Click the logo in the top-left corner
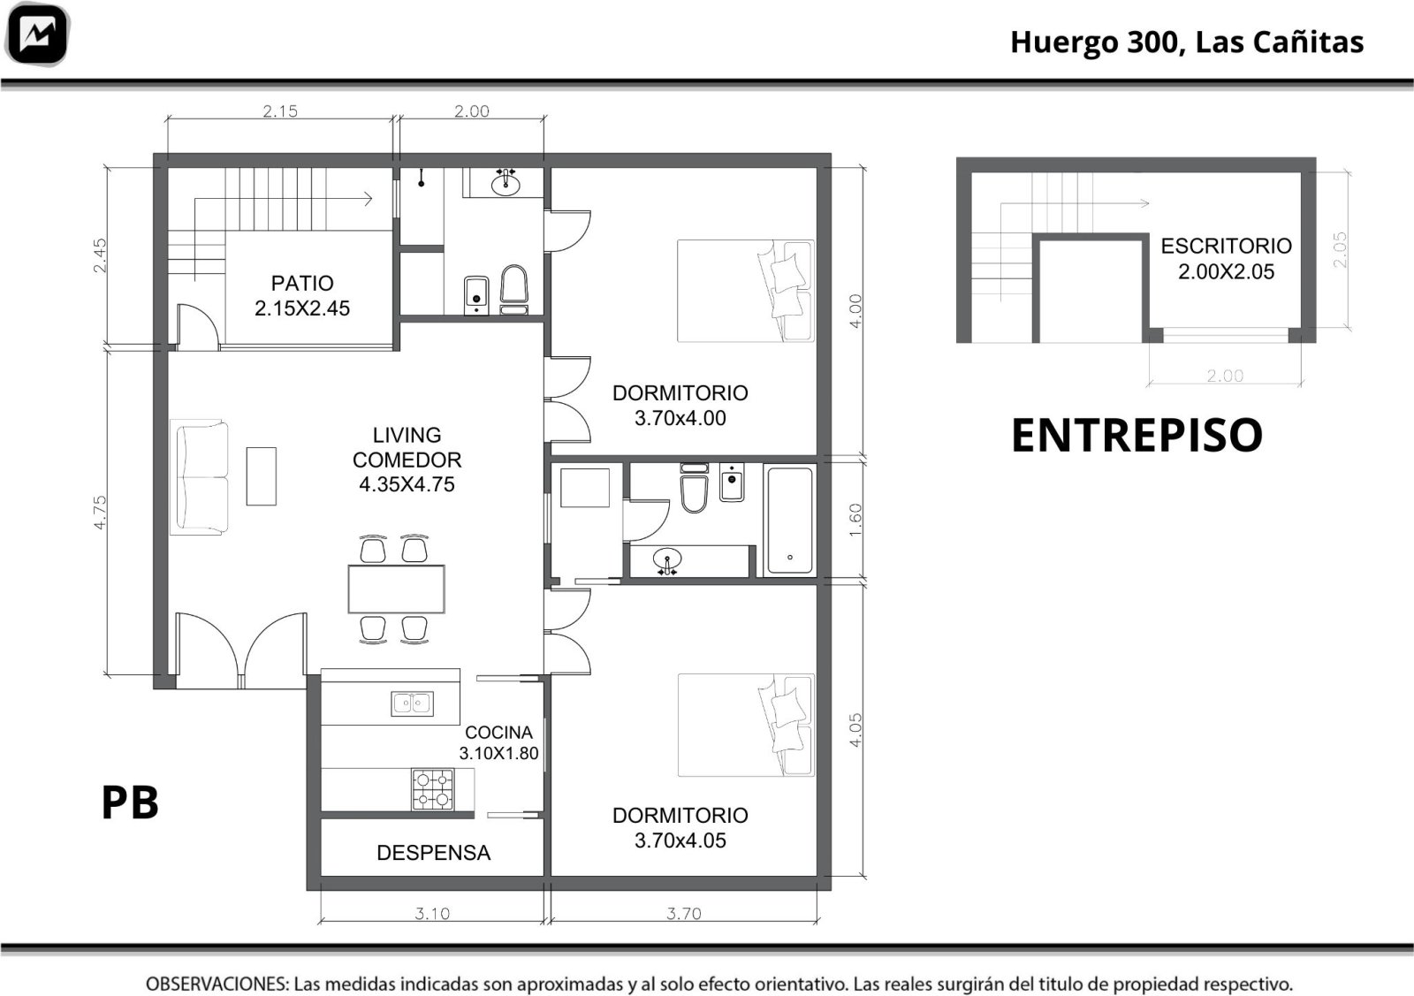pyautogui.click(x=37, y=34)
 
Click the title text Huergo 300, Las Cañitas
pyautogui.click(x=1187, y=42)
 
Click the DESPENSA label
pyautogui.click(x=434, y=853)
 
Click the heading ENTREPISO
pyautogui.click(x=1137, y=436)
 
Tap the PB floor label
pyautogui.click(x=130, y=802)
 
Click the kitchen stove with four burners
pyautogui.click(x=432, y=789)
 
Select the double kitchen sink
pyautogui.click(x=412, y=703)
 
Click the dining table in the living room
pyautogui.click(x=397, y=589)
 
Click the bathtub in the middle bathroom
pyautogui.click(x=790, y=520)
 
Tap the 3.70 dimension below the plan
pyautogui.click(x=684, y=913)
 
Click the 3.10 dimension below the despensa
pyautogui.click(x=432, y=913)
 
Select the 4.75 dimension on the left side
pyautogui.click(x=100, y=513)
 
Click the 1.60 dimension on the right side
pyautogui.click(x=855, y=520)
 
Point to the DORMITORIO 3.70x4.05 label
pyautogui.click(x=680, y=827)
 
